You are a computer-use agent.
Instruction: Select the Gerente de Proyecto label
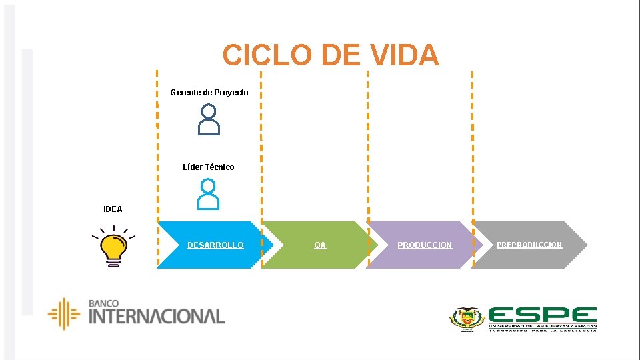(x=209, y=93)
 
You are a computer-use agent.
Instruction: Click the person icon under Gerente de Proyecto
(x=209, y=120)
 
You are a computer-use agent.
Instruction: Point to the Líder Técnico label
(x=209, y=167)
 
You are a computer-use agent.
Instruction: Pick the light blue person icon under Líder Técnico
(x=209, y=194)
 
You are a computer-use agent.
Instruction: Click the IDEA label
(x=113, y=209)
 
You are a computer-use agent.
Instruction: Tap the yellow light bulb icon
(x=113, y=247)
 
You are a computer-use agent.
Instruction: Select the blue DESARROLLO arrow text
(x=215, y=245)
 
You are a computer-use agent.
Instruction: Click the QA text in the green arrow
(x=320, y=245)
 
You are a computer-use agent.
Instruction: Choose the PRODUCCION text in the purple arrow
(x=425, y=245)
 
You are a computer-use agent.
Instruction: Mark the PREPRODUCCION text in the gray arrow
(x=529, y=245)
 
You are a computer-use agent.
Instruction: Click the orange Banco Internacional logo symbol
(x=64, y=314)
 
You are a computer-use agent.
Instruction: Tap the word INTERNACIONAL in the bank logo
(x=157, y=316)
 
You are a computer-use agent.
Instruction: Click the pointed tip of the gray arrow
(x=585, y=245)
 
